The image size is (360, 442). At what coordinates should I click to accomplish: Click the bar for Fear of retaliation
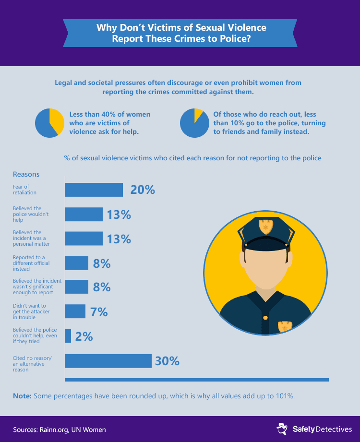pyautogui.click(x=94, y=190)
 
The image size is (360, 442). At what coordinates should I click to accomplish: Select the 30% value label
pyautogui.click(x=167, y=361)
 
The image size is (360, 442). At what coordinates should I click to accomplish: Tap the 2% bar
pyautogui.click(x=68, y=336)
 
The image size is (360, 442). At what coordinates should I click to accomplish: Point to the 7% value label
pyautogui.click(x=99, y=312)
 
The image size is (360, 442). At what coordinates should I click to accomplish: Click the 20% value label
pyautogui.click(x=143, y=190)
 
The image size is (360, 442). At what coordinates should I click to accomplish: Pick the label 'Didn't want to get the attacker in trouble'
pyautogui.click(x=30, y=311)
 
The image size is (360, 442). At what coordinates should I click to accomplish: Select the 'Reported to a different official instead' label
pyautogui.click(x=31, y=263)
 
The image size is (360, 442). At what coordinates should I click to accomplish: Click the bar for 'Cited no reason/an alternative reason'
pyautogui.click(x=108, y=361)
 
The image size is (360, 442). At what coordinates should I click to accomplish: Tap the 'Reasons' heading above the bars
pyautogui.click(x=26, y=174)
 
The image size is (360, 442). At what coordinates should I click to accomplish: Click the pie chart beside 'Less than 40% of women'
pyautogui.click(x=49, y=123)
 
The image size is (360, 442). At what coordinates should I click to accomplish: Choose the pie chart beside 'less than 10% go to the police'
pyautogui.click(x=194, y=123)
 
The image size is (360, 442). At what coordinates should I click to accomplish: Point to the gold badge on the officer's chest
pyautogui.click(x=285, y=326)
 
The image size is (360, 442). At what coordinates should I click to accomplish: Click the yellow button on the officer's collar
pyautogui.click(x=264, y=317)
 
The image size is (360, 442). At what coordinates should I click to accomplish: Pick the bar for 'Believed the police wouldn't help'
pyautogui.click(x=84, y=214)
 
